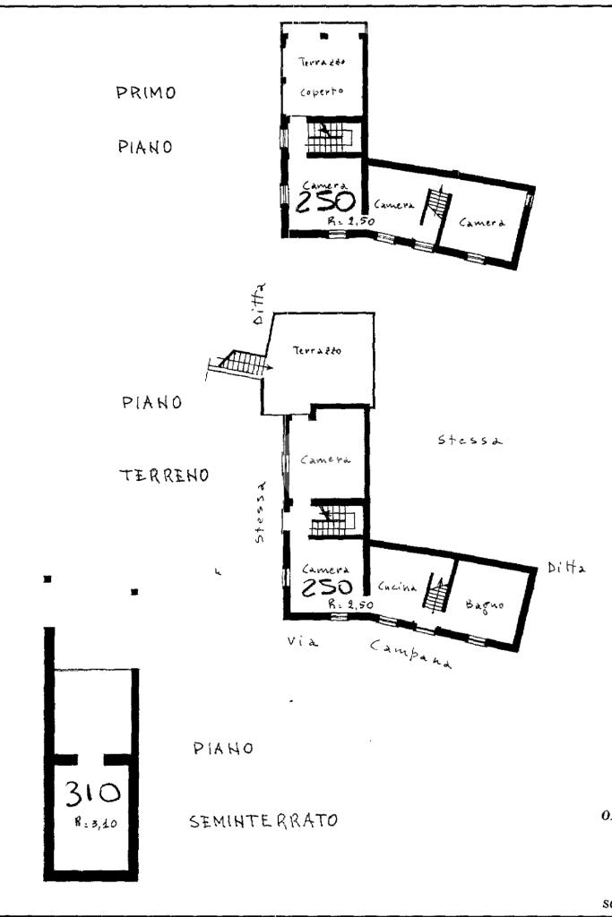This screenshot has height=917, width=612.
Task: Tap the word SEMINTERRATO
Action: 263,820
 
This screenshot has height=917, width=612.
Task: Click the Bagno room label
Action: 486,606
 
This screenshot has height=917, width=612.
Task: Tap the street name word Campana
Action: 409,655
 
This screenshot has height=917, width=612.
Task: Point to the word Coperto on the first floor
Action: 321,90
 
